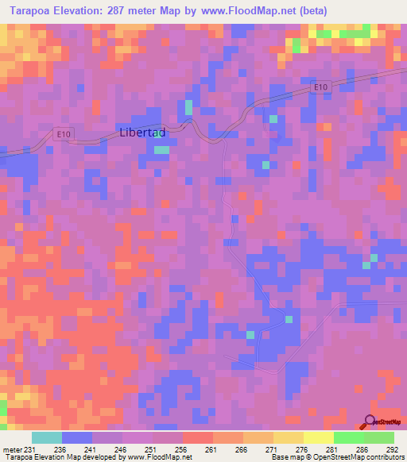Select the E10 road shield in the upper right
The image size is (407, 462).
pyautogui.click(x=320, y=87)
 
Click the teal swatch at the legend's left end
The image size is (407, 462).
pyautogui.click(x=47, y=437)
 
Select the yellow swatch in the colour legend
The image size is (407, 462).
pyautogui.click(x=319, y=437)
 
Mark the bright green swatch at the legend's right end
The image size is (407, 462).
pyautogui.click(x=378, y=437)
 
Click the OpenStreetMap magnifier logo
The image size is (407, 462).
pyautogui.click(x=370, y=422)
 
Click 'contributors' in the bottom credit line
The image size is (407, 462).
pyautogui.click(x=382, y=457)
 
